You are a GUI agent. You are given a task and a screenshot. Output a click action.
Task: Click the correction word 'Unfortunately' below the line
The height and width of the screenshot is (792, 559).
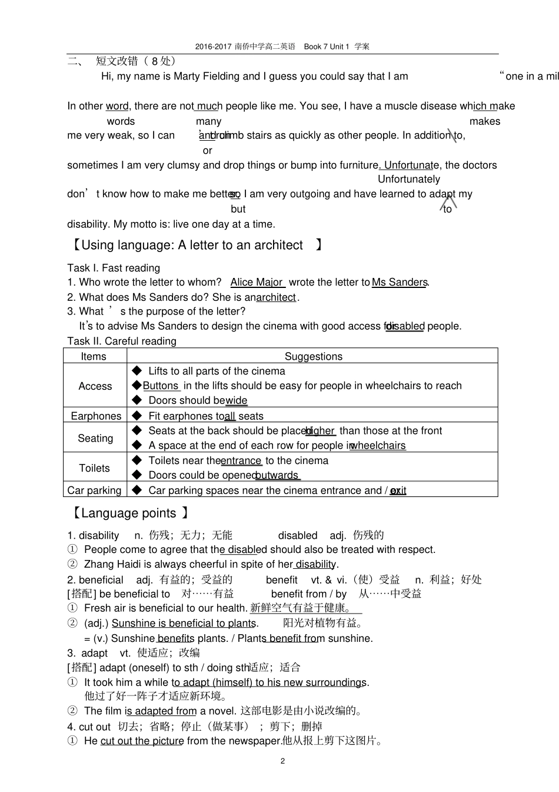tap(408, 180)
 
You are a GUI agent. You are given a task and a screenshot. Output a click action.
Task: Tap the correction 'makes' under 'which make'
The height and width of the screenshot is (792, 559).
tap(485, 121)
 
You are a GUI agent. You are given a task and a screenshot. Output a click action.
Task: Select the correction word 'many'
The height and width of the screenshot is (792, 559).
tap(208, 121)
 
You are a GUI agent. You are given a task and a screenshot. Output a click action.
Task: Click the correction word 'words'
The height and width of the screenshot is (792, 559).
tap(121, 121)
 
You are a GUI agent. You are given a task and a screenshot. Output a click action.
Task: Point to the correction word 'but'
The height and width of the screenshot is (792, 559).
tap(238, 209)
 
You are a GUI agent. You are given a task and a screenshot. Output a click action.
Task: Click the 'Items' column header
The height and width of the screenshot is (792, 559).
tap(94, 356)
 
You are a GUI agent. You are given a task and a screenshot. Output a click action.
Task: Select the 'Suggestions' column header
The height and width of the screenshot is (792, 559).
tap(313, 356)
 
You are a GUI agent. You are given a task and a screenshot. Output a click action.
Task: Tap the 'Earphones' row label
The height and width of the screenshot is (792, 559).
tap(96, 416)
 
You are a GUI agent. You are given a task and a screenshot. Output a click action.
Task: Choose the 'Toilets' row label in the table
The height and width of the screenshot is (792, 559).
tap(94, 468)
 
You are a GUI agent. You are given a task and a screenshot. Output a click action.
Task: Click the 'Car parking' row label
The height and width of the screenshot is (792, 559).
tap(94, 491)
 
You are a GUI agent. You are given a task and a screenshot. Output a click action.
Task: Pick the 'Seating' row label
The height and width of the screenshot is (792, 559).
tap(95, 438)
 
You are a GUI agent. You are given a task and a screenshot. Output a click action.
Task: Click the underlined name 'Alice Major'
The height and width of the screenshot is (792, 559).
tap(257, 283)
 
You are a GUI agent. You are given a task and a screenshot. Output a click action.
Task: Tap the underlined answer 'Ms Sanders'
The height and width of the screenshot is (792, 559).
tap(400, 283)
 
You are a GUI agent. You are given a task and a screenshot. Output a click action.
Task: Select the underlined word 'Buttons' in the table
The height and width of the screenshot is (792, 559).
tap(161, 386)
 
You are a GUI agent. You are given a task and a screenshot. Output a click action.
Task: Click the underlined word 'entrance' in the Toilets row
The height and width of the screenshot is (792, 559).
tap(241, 461)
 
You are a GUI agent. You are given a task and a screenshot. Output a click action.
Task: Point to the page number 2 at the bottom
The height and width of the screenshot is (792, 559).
tap(282, 761)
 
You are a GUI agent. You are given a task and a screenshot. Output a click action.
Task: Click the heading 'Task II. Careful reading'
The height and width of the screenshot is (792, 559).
tap(122, 342)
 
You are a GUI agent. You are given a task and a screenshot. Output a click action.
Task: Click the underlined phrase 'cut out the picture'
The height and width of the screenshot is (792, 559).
tap(142, 741)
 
